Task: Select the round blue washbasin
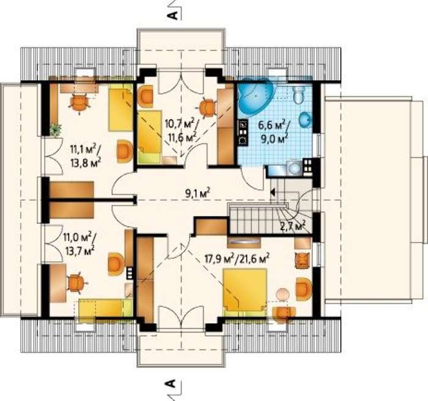(x=306, y=120)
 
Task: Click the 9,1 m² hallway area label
(x=197, y=193)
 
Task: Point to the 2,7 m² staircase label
(x=293, y=226)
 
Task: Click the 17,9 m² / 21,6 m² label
(x=237, y=258)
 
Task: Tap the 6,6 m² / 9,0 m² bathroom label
(x=274, y=132)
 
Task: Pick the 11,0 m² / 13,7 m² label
(x=79, y=244)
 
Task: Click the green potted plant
(x=56, y=129)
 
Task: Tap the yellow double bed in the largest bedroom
(x=245, y=292)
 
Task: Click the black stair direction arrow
(x=272, y=192)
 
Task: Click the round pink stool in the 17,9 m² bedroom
(x=282, y=294)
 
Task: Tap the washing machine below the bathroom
(x=293, y=168)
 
